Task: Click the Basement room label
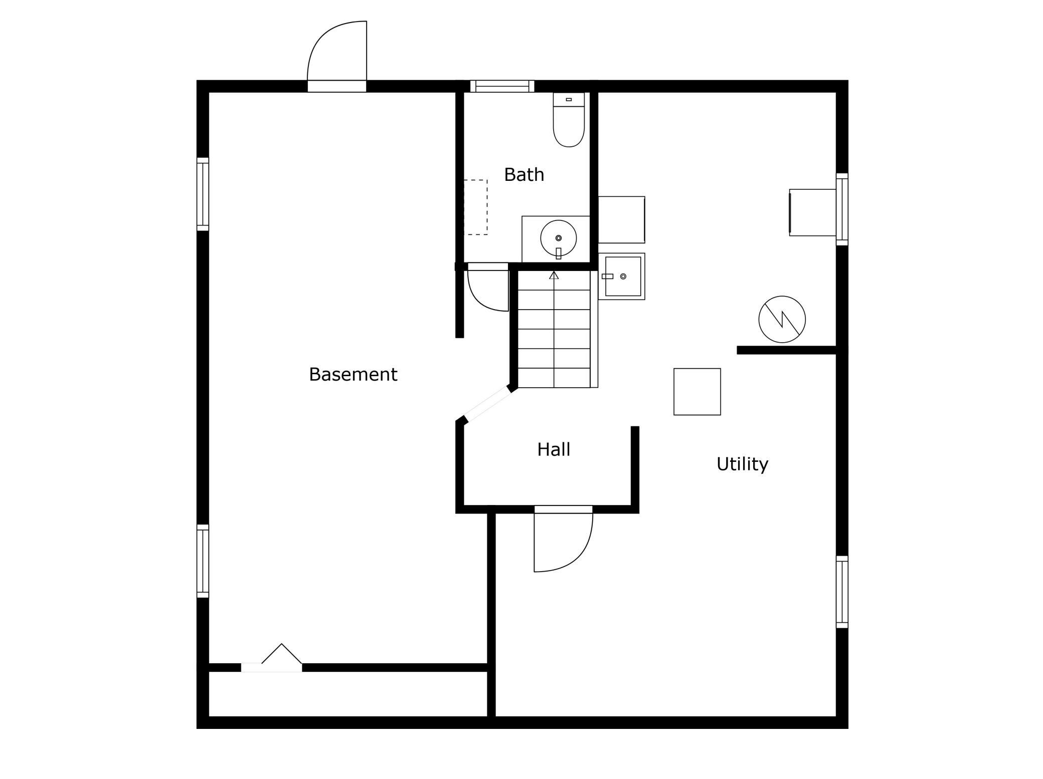point(353,374)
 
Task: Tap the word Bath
point(524,174)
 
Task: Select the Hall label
point(554,449)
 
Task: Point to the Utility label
point(742,464)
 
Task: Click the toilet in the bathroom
point(569,120)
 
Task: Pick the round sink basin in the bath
point(558,238)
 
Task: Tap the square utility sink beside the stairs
point(622,277)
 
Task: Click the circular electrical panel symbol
point(782,320)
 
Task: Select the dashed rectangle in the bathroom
point(475,207)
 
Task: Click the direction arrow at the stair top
point(554,275)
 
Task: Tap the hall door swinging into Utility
point(563,539)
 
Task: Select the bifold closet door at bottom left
point(272,658)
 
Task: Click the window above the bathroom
point(502,86)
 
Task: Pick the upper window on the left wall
point(203,194)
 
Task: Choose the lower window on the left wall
point(203,561)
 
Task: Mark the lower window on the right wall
point(842,592)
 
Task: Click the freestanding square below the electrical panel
point(697,392)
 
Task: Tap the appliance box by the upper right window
point(812,212)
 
